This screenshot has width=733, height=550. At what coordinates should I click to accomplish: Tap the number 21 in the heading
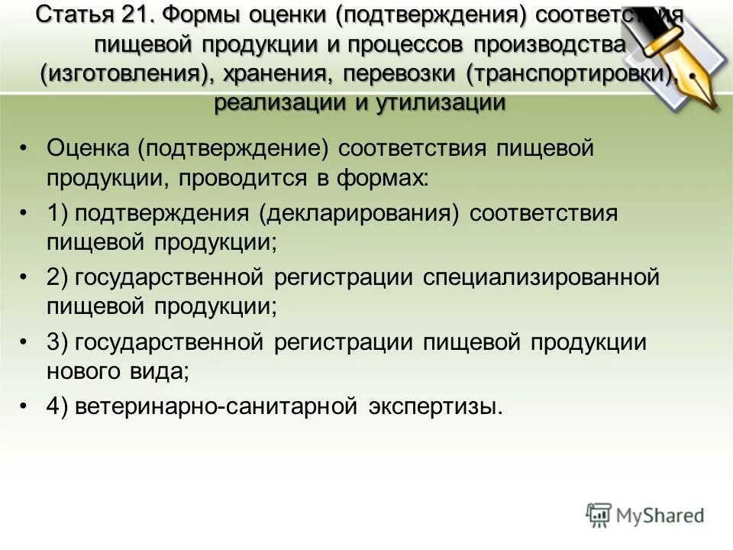pyautogui.click(x=134, y=15)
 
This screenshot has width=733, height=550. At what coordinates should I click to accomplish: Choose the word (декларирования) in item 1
pyautogui.click(x=359, y=213)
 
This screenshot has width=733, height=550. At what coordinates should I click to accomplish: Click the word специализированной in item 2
pyautogui.click(x=541, y=277)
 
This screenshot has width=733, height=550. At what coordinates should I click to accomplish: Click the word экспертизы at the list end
pyautogui.click(x=436, y=406)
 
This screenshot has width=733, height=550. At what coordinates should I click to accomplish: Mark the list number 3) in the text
pyautogui.click(x=58, y=341)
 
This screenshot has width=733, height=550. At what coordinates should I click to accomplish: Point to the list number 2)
pyautogui.click(x=58, y=277)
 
